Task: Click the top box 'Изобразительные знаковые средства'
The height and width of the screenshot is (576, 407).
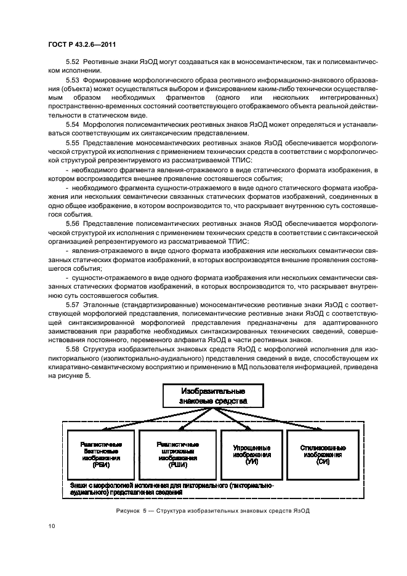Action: click(x=213, y=396)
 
